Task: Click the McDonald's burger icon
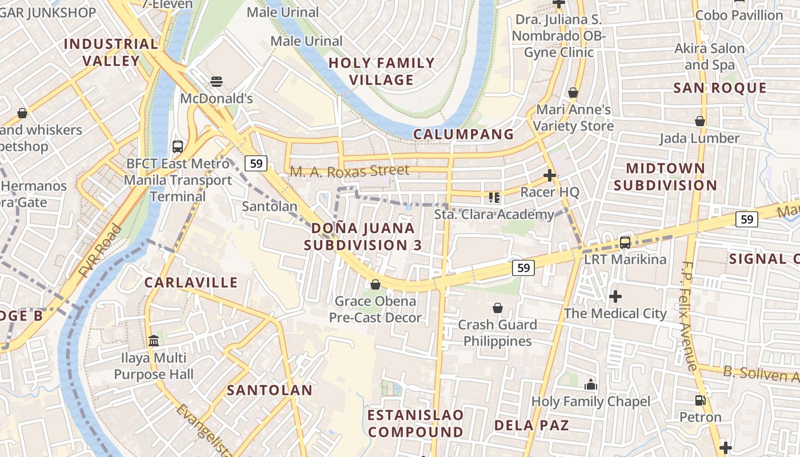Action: pos(216,81)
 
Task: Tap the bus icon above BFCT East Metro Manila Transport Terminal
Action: pos(178,146)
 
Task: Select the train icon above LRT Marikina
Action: pos(625,243)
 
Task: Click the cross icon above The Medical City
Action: pos(615,296)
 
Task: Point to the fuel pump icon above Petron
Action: pos(700,400)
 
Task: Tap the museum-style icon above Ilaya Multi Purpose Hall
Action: pos(154,341)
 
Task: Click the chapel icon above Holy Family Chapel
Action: pos(591,384)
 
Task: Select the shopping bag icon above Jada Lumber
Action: pos(699,121)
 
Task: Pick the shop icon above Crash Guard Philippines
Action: pos(497,308)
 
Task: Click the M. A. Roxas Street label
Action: pos(349,171)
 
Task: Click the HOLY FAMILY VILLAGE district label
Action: pos(382,71)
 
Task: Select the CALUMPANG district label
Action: pos(463,134)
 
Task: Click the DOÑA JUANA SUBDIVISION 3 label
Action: pos(363,236)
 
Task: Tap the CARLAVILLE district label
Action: pos(191,282)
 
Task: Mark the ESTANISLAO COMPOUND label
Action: pos(415,423)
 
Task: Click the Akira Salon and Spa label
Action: pos(710,57)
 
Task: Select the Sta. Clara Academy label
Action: pos(494,214)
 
